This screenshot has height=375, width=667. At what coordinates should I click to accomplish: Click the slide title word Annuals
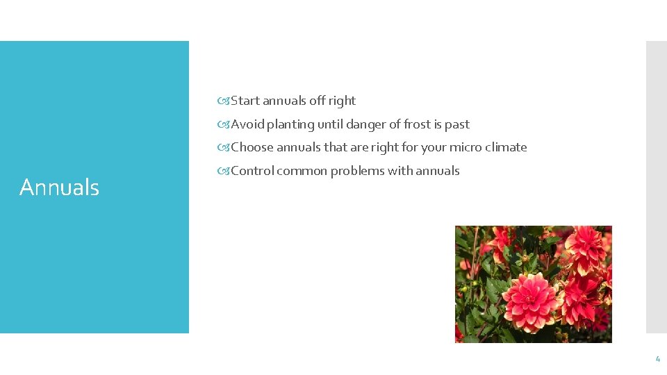pyautogui.click(x=59, y=187)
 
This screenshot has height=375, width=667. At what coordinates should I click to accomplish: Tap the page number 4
pyautogui.click(x=657, y=359)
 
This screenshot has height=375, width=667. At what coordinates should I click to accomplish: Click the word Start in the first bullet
pyautogui.click(x=245, y=101)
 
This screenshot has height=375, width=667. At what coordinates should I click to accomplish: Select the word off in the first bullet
pyautogui.click(x=317, y=101)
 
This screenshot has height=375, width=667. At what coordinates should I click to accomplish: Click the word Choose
pyautogui.click(x=252, y=147)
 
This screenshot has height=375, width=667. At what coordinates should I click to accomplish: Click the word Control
pyautogui.click(x=252, y=171)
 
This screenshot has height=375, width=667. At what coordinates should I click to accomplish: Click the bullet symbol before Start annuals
pyautogui.click(x=223, y=101)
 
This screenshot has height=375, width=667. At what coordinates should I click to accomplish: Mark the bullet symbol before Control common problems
pyautogui.click(x=223, y=172)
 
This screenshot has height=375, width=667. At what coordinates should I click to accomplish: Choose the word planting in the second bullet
pyautogui.click(x=290, y=125)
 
